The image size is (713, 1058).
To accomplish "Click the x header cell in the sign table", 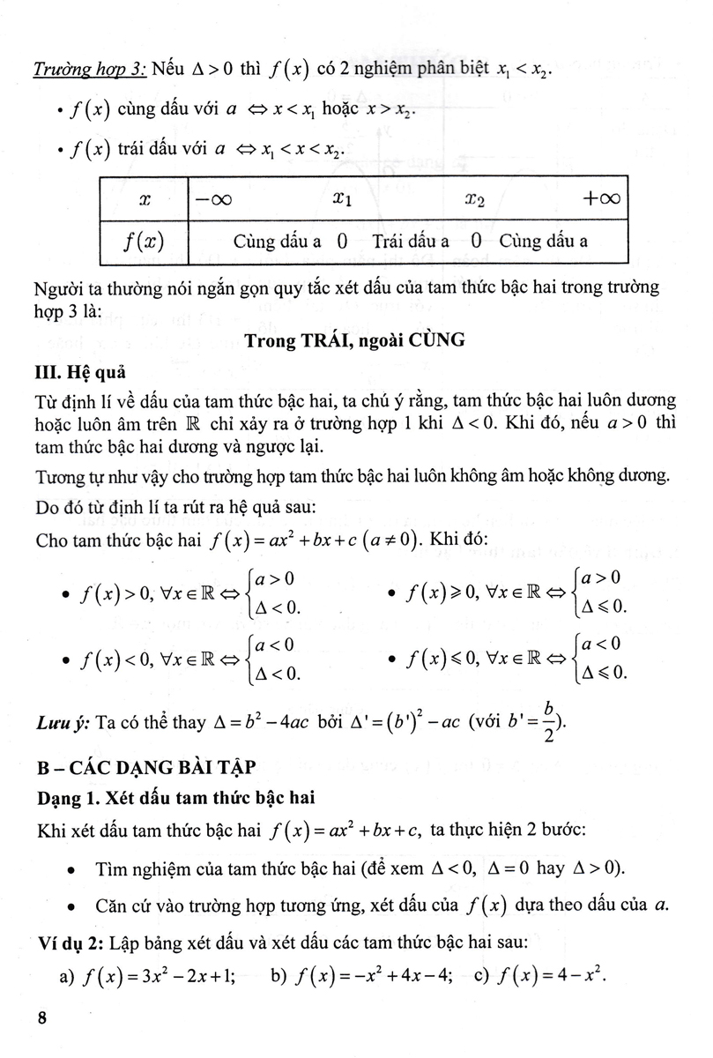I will [144, 200].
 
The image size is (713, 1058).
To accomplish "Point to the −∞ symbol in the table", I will [213, 200].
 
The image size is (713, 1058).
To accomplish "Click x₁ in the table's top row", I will [343, 200].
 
